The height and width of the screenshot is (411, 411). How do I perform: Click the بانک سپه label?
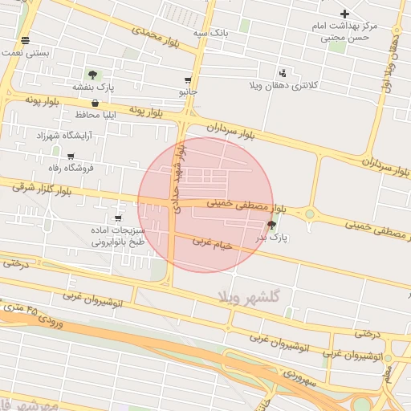pos(211,34)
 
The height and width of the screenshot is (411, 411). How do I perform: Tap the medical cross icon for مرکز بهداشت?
pos(344,14)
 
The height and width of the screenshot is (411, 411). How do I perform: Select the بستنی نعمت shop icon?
pos(26,39)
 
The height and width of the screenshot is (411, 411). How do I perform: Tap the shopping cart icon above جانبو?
pos(188,80)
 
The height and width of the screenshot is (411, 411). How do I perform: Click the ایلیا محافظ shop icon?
pos(96,103)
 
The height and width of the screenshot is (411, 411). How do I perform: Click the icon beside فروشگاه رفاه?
pos(71,157)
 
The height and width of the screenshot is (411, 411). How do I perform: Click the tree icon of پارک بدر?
pos(271,225)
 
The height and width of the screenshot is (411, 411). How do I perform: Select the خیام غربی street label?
pos(212,242)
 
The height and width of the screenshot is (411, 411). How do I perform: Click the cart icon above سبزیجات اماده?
pos(119,218)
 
